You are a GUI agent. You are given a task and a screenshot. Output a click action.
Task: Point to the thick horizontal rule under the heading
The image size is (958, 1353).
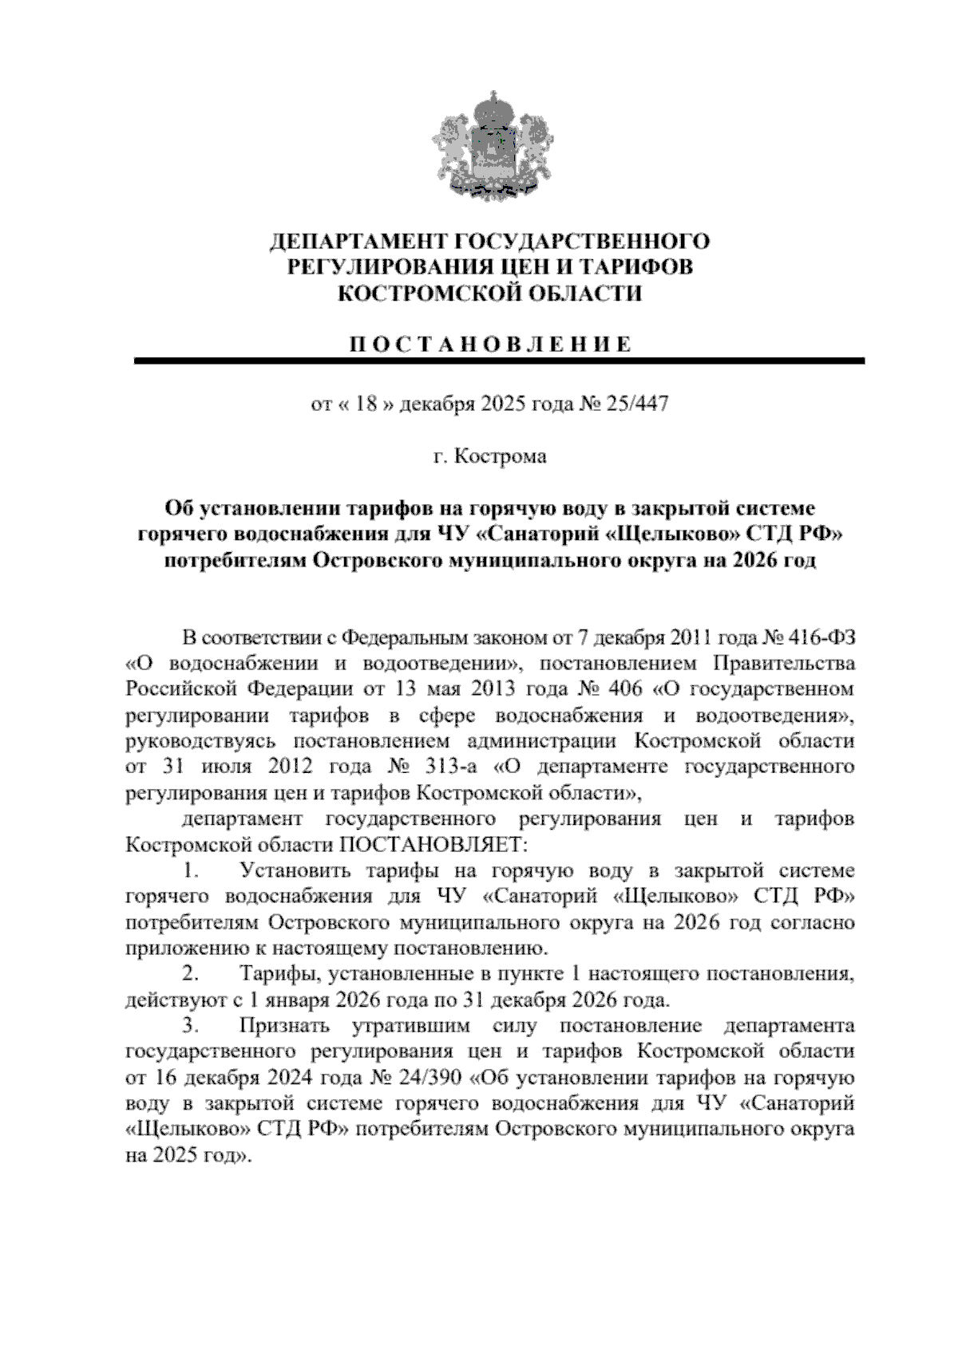click(500, 361)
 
